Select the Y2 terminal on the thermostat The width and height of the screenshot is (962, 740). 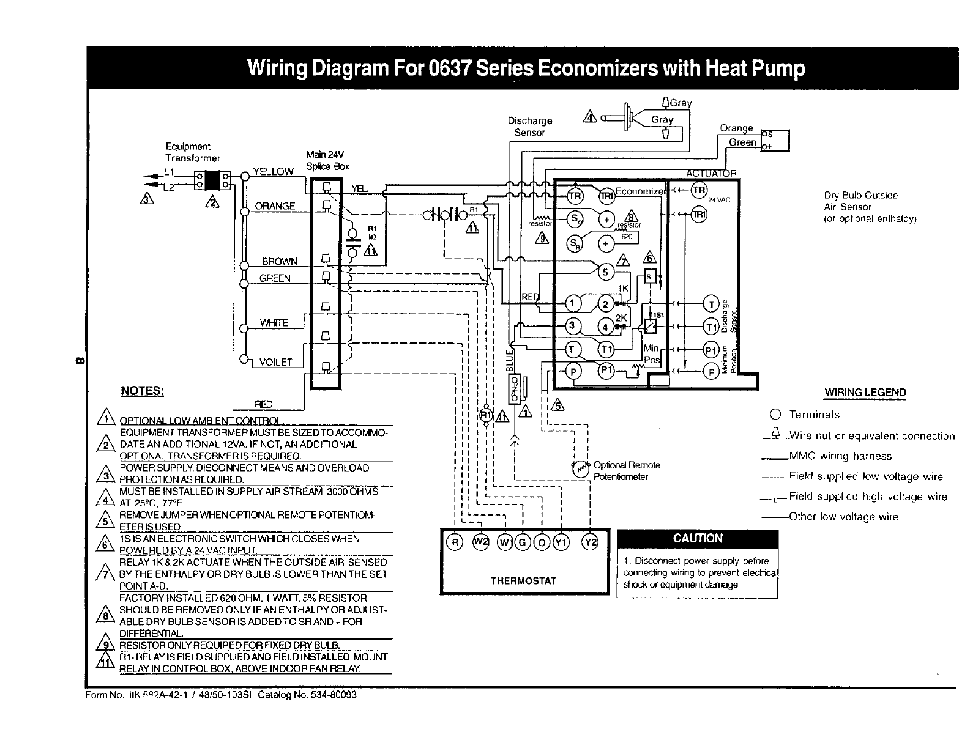591,542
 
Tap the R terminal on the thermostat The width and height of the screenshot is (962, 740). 454,542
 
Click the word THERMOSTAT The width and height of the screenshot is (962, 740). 523,580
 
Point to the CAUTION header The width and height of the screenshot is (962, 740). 698,539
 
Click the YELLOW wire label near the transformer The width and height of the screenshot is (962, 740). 274,172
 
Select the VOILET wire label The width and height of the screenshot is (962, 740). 275,362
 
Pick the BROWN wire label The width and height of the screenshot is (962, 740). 279,261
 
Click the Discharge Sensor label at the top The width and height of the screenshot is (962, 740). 530,127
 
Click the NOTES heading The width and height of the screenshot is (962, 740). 142,391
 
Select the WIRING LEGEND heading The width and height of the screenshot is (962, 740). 865,393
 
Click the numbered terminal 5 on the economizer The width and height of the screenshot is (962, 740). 605,272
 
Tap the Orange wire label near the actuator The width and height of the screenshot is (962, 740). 736,128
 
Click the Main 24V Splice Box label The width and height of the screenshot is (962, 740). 327,160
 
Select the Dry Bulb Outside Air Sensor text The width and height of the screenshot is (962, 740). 869,207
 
